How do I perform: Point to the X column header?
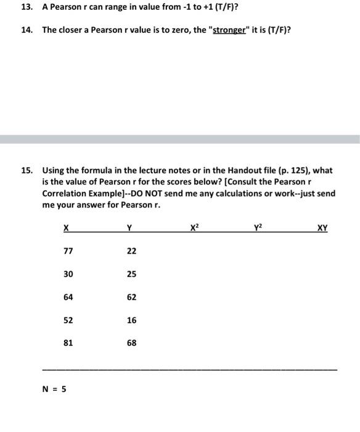[x=66, y=228]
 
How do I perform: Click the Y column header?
[x=129, y=228]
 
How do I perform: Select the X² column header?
[x=195, y=227]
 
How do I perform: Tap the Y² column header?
[x=258, y=227]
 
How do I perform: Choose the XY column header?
[x=322, y=228]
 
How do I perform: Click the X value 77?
[x=68, y=251]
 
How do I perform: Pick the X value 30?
[x=68, y=274]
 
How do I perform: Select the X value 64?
[x=68, y=297]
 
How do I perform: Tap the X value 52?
[x=68, y=320]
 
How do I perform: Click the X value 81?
[x=68, y=343]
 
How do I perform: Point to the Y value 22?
[x=131, y=251]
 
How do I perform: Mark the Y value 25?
[x=131, y=274]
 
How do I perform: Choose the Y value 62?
[x=131, y=297]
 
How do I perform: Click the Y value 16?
[x=131, y=320]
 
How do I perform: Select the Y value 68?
[x=131, y=343]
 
